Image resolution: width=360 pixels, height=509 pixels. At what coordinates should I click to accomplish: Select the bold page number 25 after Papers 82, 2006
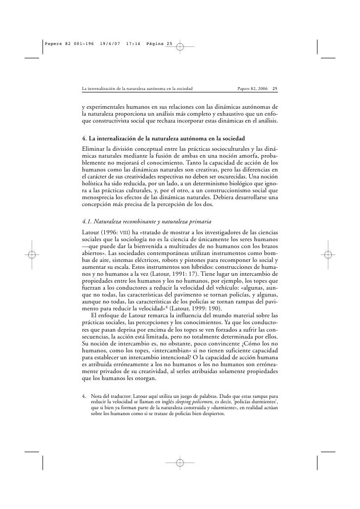[x=275, y=89]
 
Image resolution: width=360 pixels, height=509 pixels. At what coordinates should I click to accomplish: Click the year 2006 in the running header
[x=261, y=89]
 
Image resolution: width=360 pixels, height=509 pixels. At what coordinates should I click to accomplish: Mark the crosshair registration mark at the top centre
[x=180, y=47]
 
